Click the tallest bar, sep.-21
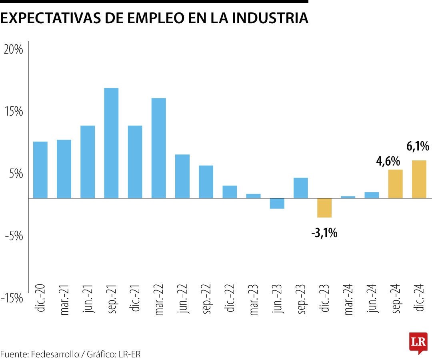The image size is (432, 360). tap(111, 143)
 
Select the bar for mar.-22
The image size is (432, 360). tap(159, 148)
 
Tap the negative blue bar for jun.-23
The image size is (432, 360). tap(277, 204)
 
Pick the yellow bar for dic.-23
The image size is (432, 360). tap(324, 208)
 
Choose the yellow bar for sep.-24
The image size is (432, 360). tap(396, 184)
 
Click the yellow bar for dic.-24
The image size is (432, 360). tap(419, 179)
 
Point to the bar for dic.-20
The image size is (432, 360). tap(40, 170)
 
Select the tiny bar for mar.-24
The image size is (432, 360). tap(348, 197)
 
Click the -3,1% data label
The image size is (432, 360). tap(324, 233)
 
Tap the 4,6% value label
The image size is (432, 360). tap(388, 162)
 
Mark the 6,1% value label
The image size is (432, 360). tap(418, 147)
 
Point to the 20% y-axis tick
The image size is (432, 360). tap(13, 50)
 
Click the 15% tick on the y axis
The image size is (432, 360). tap(13, 112)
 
